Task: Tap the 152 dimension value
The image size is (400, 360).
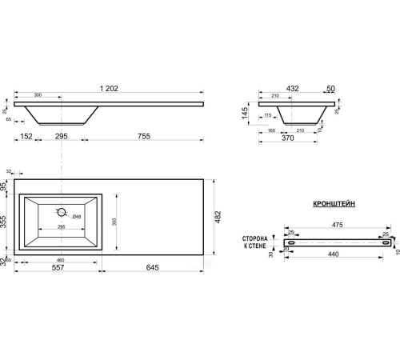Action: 26,136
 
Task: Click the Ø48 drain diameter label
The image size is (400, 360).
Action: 76,217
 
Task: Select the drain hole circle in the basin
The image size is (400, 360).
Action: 59,213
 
